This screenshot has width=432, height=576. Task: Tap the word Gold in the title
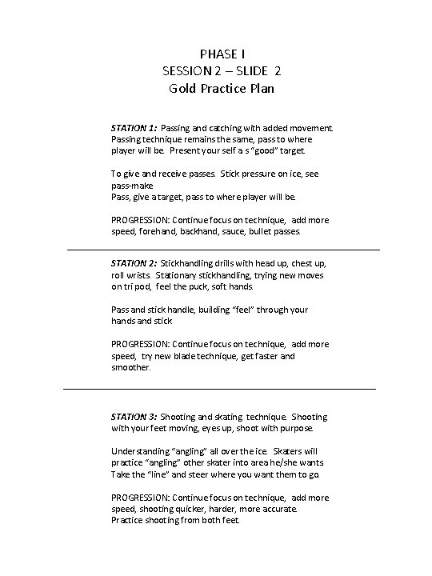pos(182,88)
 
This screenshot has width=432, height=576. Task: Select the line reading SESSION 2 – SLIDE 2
pos(221,71)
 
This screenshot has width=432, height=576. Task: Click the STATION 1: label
pos(134,127)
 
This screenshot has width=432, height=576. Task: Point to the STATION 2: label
pos(134,262)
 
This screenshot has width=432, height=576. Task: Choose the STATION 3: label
pos(134,417)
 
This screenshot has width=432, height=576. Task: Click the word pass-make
pos(129,185)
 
